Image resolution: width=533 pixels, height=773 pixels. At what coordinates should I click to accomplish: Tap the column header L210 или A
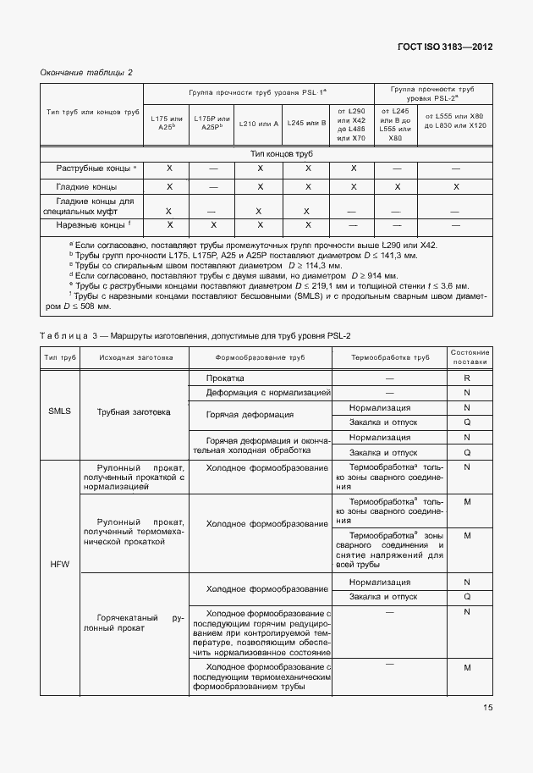[x=259, y=124]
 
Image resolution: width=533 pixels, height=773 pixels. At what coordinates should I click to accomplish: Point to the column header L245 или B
[x=307, y=124]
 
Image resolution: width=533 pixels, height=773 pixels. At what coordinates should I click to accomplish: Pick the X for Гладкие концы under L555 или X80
[x=456, y=186]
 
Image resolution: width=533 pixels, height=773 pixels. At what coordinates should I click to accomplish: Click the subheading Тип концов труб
[x=283, y=154]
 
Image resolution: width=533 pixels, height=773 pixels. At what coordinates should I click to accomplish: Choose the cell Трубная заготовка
[x=133, y=412]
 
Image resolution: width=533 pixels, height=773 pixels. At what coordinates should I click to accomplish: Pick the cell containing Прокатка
[x=225, y=378]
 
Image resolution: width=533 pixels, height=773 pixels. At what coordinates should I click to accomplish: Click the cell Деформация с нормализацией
[x=257, y=393]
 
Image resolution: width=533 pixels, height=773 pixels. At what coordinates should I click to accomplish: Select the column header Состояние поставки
[x=467, y=357]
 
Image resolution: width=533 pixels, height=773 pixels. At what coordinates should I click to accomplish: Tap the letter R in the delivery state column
[x=467, y=378]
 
